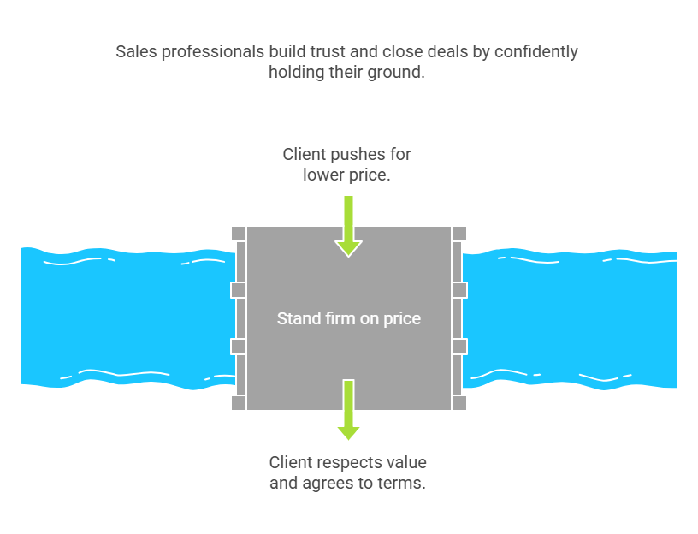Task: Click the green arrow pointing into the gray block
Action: (348, 226)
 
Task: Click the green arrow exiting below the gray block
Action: (348, 410)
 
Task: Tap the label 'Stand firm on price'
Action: (348, 319)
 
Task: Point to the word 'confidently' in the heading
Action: (536, 52)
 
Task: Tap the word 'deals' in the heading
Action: (447, 52)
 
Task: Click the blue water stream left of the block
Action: (127, 318)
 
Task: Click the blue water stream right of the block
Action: (571, 319)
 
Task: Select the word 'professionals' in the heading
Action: (213, 52)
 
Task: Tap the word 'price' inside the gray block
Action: (402, 319)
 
